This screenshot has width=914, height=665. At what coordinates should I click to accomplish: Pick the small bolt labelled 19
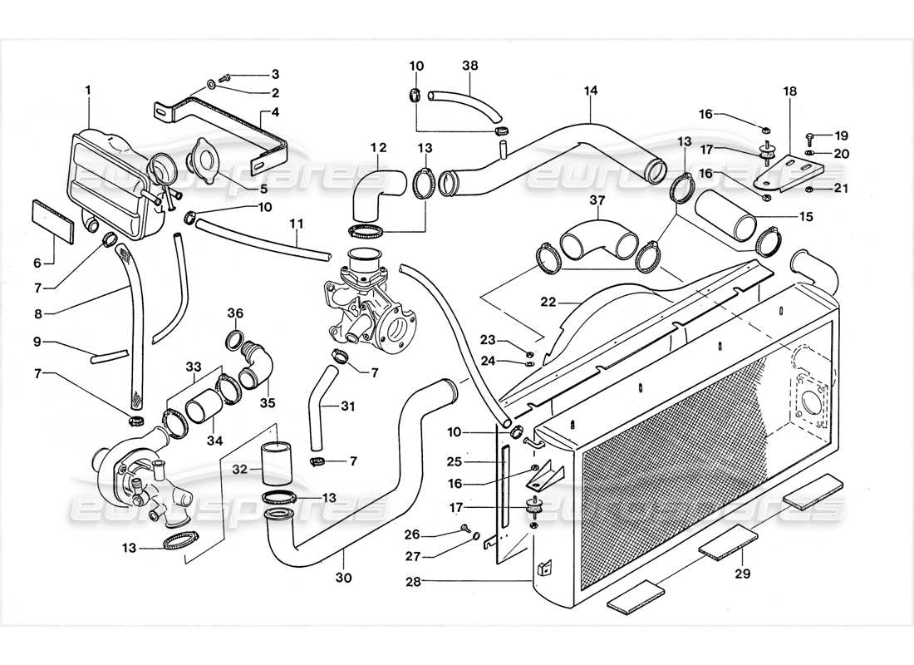(809, 135)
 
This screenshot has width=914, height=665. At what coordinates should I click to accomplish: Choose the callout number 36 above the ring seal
(236, 313)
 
